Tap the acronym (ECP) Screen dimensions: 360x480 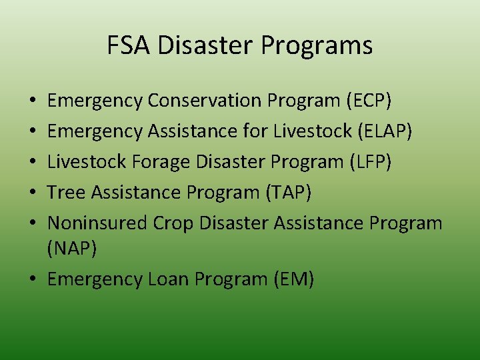(369, 101)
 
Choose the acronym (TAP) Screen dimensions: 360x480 (288, 193)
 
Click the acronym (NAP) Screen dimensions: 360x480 (73, 249)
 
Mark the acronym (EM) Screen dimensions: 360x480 (293, 279)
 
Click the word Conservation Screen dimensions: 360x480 (205, 101)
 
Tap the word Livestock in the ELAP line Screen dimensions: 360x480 (313, 131)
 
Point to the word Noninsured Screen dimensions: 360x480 (97, 223)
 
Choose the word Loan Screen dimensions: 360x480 (169, 279)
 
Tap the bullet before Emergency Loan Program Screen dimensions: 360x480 (33, 280)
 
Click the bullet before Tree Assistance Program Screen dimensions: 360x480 (33, 193)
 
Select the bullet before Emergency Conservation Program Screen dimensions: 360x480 (33, 101)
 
